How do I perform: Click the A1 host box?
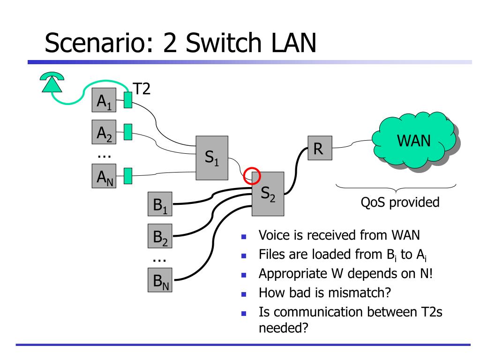(x=104, y=100)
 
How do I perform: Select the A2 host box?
(x=104, y=132)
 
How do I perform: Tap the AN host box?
(x=104, y=176)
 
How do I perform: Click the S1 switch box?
(x=212, y=157)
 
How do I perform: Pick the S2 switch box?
(x=268, y=194)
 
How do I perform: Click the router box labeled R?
(x=320, y=148)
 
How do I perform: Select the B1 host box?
(x=160, y=204)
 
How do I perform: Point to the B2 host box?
(x=160, y=236)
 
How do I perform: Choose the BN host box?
(x=160, y=280)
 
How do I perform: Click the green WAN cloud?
(x=414, y=140)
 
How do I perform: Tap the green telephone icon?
(x=52, y=82)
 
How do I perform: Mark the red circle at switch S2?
(x=252, y=168)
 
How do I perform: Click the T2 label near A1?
(x=142, y=89)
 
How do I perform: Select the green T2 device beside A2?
(x=128, y=132)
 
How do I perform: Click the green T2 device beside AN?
(x=128, y=176)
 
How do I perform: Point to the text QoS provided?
(x=400, y=202)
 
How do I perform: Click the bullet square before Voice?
(x=244, y=236)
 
